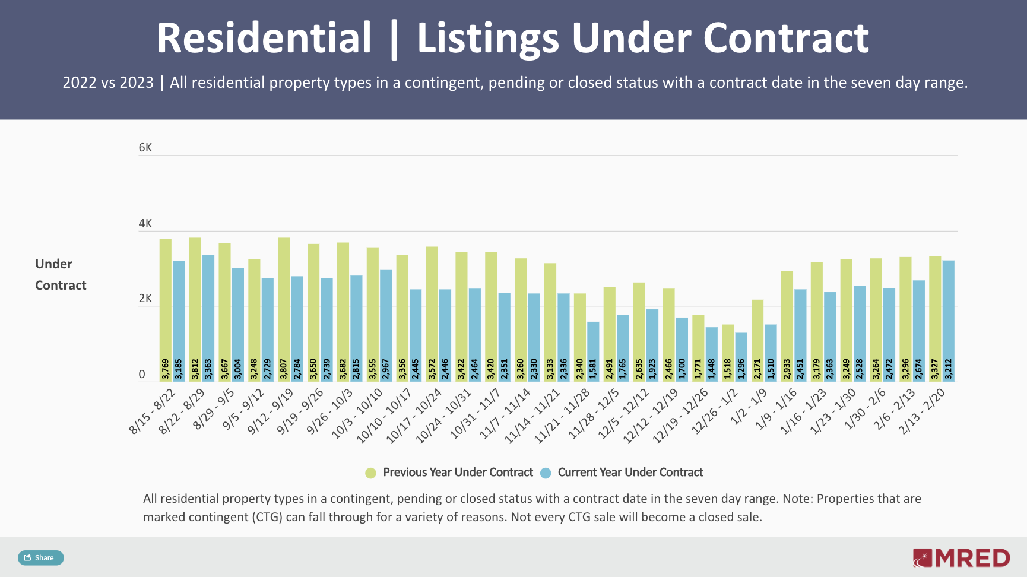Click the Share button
point(40,558)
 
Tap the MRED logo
point(961,558)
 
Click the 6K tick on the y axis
point(145,148)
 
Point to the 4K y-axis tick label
point(145,224)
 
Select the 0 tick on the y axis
point(142,375)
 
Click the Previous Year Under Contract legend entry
point(457,473)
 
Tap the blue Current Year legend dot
point(546,473)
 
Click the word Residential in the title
point(264,38)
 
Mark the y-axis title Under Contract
point(61,275)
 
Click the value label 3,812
point(195,369)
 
